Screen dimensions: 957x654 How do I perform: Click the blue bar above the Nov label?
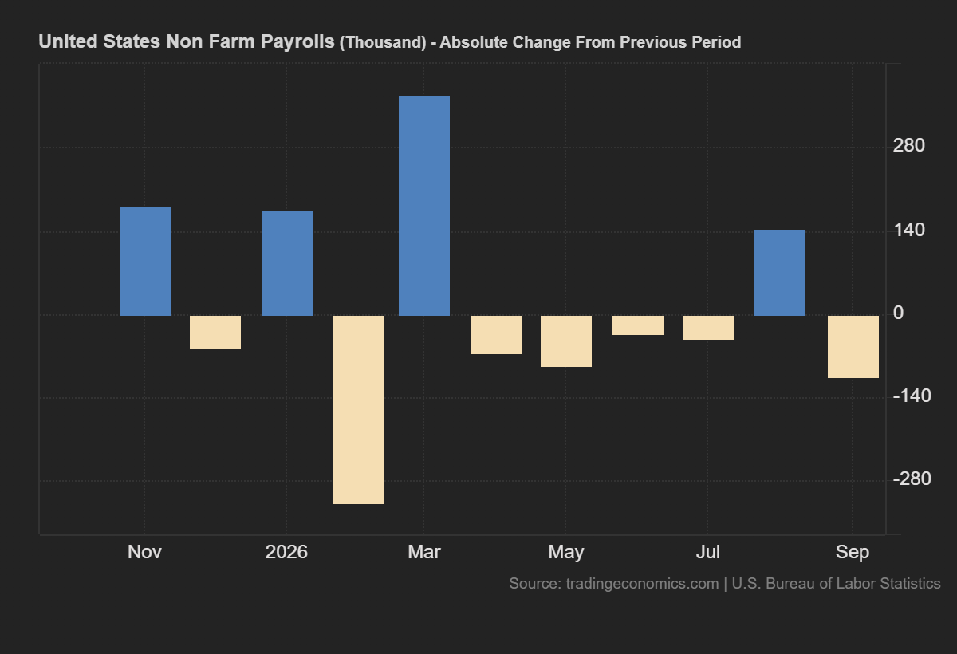tap(145, 262)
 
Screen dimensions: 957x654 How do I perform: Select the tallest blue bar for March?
tap(424, 206)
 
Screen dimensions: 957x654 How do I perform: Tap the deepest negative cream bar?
tap(359, 410)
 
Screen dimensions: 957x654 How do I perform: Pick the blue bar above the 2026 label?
tap(287, 263)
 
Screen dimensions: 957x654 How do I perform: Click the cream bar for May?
tap(566, 341)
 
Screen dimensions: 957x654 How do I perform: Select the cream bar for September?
tap(853, 347)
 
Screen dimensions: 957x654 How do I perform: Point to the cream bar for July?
tap(708, 328)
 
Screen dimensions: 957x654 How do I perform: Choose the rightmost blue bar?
tap(780, 273)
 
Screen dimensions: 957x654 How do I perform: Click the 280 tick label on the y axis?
tap(908, 146)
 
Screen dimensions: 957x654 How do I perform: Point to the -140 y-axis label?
tap(912, 396)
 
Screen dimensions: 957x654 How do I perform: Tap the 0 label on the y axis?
tap(899, 313)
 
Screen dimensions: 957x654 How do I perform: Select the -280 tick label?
tap(912, 479)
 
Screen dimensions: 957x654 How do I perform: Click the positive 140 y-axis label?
tap(908, 230)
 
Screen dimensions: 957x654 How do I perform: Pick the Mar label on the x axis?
tap(423, 552)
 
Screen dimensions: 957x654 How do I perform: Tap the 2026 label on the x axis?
tap(286, 552)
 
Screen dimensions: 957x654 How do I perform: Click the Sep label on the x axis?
tap(853, 552)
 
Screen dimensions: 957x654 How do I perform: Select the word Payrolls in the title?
tap(297, 41)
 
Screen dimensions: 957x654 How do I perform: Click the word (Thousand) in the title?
tap(383, 43)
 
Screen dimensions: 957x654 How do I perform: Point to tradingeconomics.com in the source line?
tap(642, 584)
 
